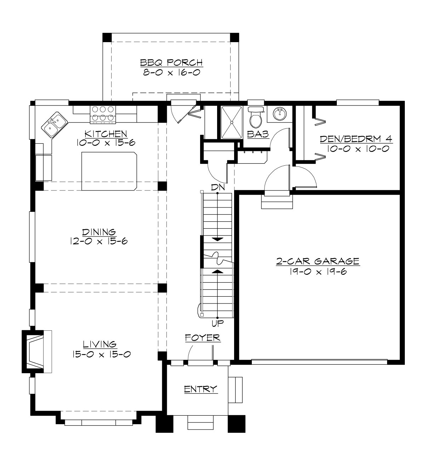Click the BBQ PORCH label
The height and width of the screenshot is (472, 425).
click(171, 63)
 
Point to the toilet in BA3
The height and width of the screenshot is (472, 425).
click(255, 117)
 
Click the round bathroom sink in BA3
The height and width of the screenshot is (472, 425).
click(280, 114)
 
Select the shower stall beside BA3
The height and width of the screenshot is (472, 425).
click(232, 122)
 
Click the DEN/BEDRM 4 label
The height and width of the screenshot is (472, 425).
click(356, 139)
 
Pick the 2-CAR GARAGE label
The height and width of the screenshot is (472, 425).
click(318, 261)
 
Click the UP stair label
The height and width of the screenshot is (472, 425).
click(217, 323)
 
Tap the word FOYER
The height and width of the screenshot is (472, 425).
click(203, 338)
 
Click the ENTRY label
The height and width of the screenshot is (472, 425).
click(200, 389)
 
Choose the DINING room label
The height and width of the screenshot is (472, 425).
click(99, 232)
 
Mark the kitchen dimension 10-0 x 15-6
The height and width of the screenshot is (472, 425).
click(101, 143)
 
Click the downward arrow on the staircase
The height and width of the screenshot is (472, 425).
click(217, 239)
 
